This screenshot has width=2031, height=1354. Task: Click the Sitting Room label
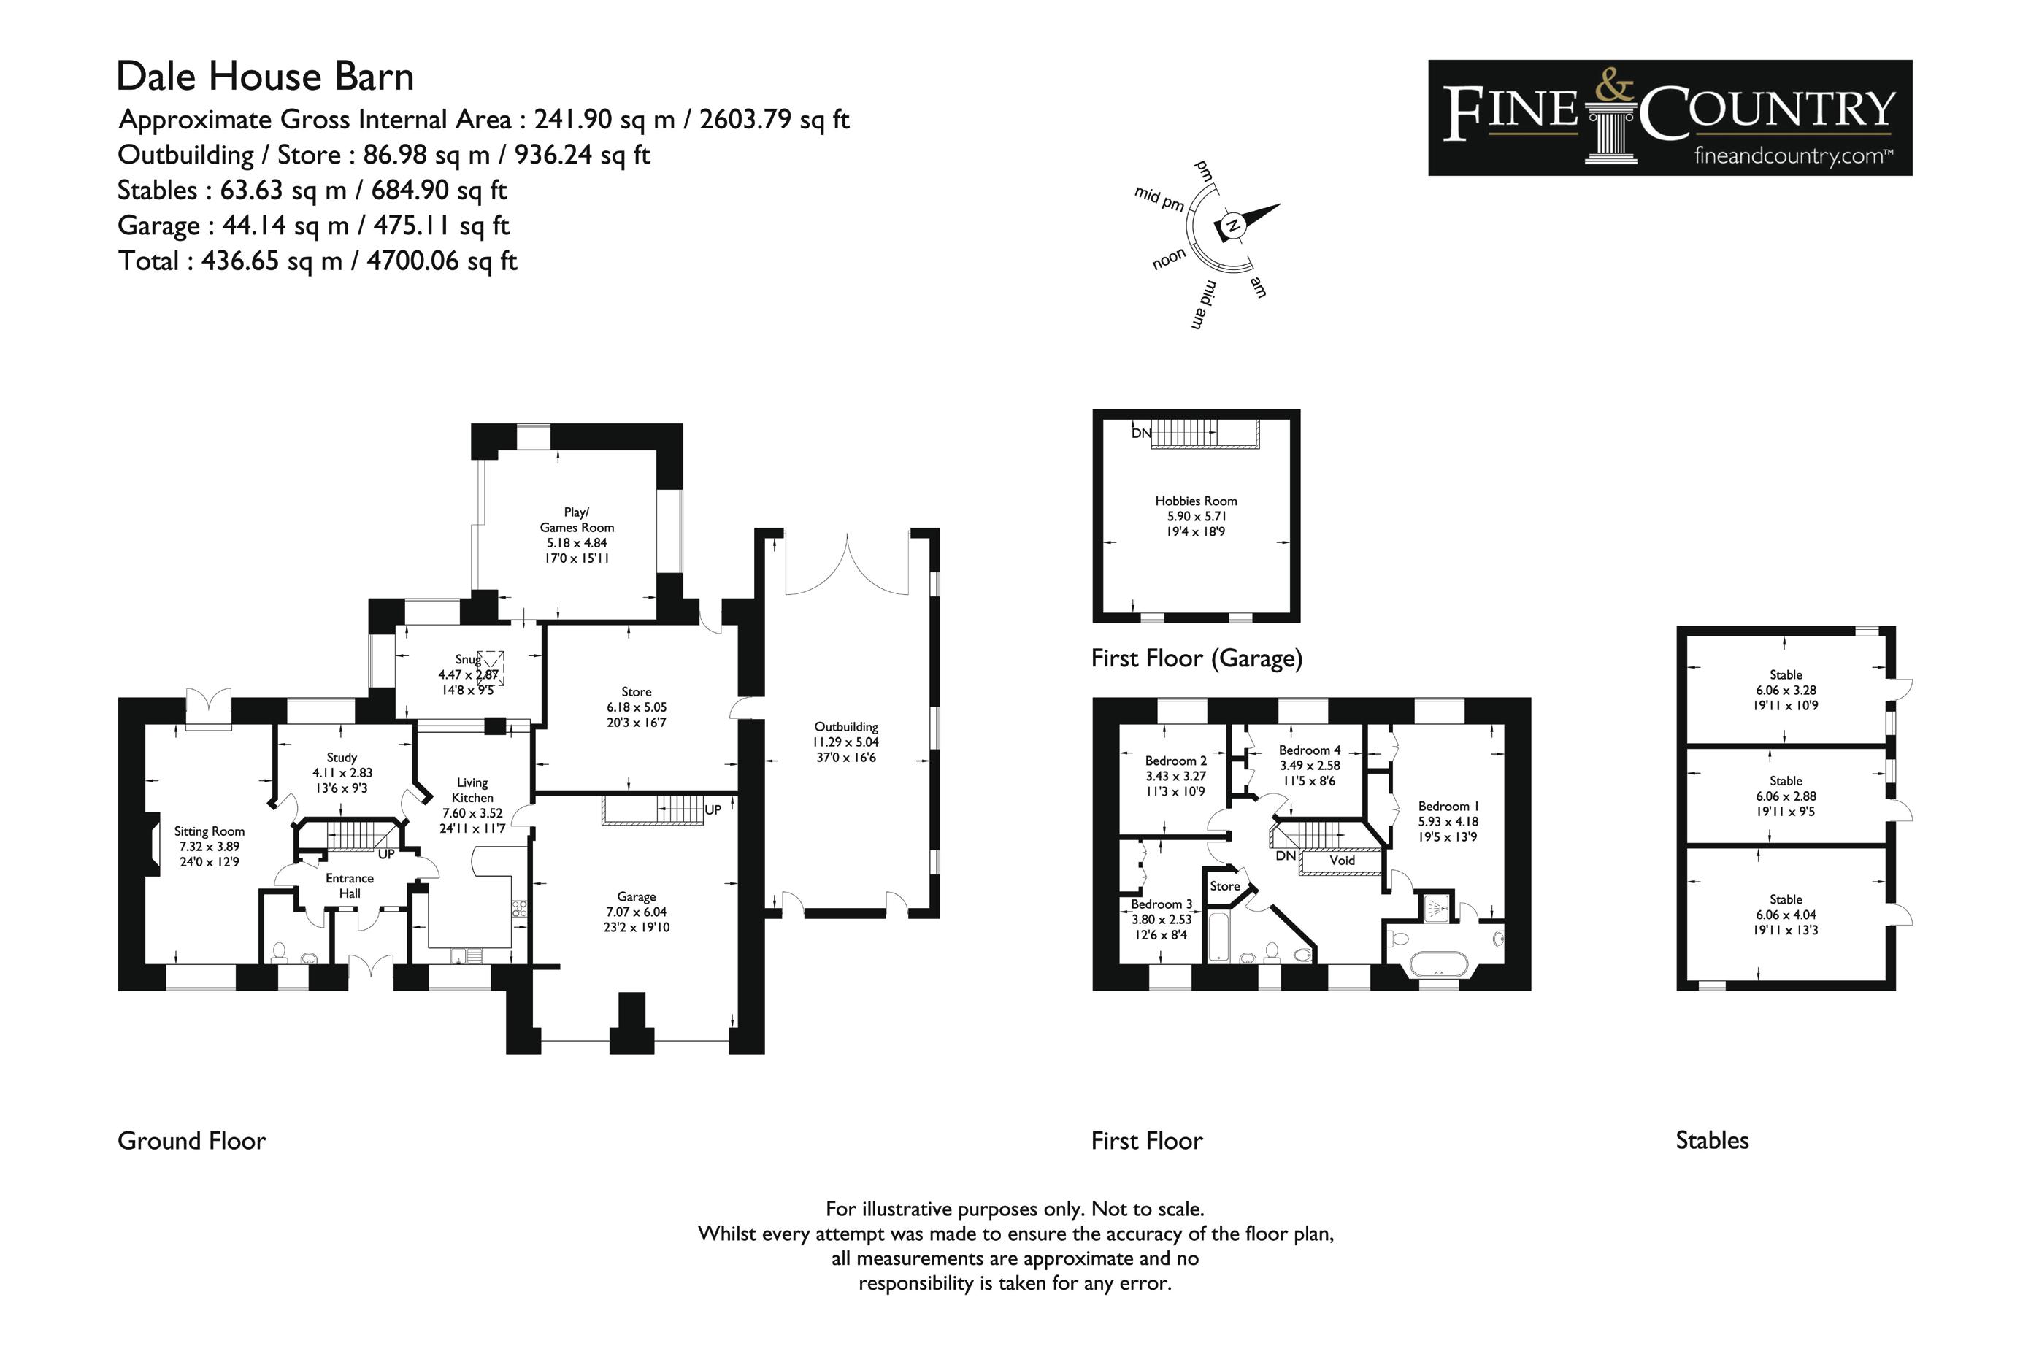pos(209,831)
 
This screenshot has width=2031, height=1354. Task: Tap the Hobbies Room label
pos(1196,501)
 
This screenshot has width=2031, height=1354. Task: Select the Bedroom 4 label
pos(1309,750)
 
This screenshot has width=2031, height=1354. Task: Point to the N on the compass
pos(1233,226)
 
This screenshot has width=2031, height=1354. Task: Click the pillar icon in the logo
pos(1611,134)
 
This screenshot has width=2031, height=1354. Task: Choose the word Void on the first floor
pos(1342,860)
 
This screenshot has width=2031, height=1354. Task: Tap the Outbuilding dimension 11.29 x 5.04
pos(845,742)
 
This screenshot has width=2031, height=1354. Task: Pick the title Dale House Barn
pos(265,76)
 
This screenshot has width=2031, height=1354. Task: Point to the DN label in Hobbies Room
pos(1141,433)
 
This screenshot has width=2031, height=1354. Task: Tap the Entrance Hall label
pos(350,886)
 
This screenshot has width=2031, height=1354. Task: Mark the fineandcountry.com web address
pos(1793,156)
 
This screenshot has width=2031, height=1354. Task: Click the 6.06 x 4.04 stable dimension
pos(1786,915)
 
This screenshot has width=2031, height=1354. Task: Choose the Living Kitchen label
pos(472,790)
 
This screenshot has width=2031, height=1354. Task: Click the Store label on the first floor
pos(1224,886)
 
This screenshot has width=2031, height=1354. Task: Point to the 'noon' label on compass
pos(1170,258)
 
